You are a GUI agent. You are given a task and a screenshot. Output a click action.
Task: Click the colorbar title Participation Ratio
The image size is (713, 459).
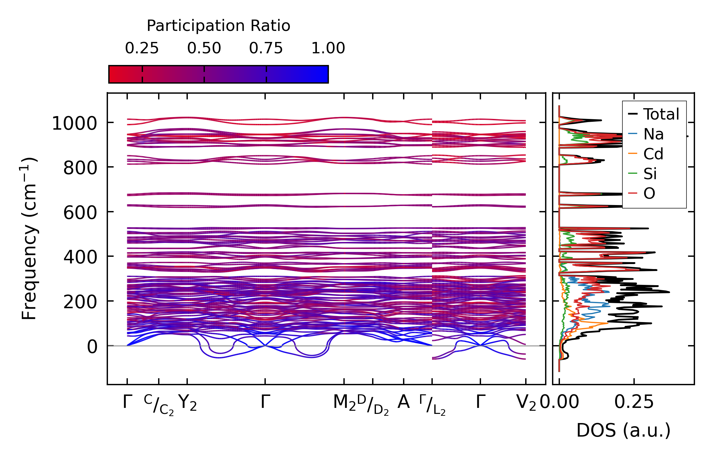tap(218, 26)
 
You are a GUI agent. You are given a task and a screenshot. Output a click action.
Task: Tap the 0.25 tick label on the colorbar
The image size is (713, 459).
tap(142, 48)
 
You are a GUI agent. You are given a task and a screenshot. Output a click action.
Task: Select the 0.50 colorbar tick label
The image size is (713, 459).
tap(204, 48)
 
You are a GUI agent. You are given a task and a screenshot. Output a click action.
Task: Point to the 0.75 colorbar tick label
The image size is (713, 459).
tap(266, 48)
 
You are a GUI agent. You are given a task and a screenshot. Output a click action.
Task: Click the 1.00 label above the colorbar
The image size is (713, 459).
tap(328, 48)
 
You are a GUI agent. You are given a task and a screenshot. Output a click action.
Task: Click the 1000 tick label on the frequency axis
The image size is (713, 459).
tap(74, 123)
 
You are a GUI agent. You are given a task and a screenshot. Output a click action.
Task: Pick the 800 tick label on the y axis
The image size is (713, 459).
tap(80, 168)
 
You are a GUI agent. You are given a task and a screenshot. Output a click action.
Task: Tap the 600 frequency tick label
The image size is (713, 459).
tap(80, 213)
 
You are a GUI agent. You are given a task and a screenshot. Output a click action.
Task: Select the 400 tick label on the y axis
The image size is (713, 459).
tap(80, 257)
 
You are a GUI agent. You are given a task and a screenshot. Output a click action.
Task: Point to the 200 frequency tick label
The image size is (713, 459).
tap(80, 302)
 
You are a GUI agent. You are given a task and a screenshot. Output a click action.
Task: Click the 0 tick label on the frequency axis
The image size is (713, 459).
tap(92, 347)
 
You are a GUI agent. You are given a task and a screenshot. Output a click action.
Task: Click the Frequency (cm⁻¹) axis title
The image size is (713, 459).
tap(29, 238)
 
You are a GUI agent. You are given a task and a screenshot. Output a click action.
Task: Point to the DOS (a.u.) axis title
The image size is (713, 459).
tap(623, 430)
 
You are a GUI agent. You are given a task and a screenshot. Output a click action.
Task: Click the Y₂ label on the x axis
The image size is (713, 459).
tap(187, 403)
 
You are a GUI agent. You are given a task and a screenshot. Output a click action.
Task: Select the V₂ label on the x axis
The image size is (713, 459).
tap(526, 403)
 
